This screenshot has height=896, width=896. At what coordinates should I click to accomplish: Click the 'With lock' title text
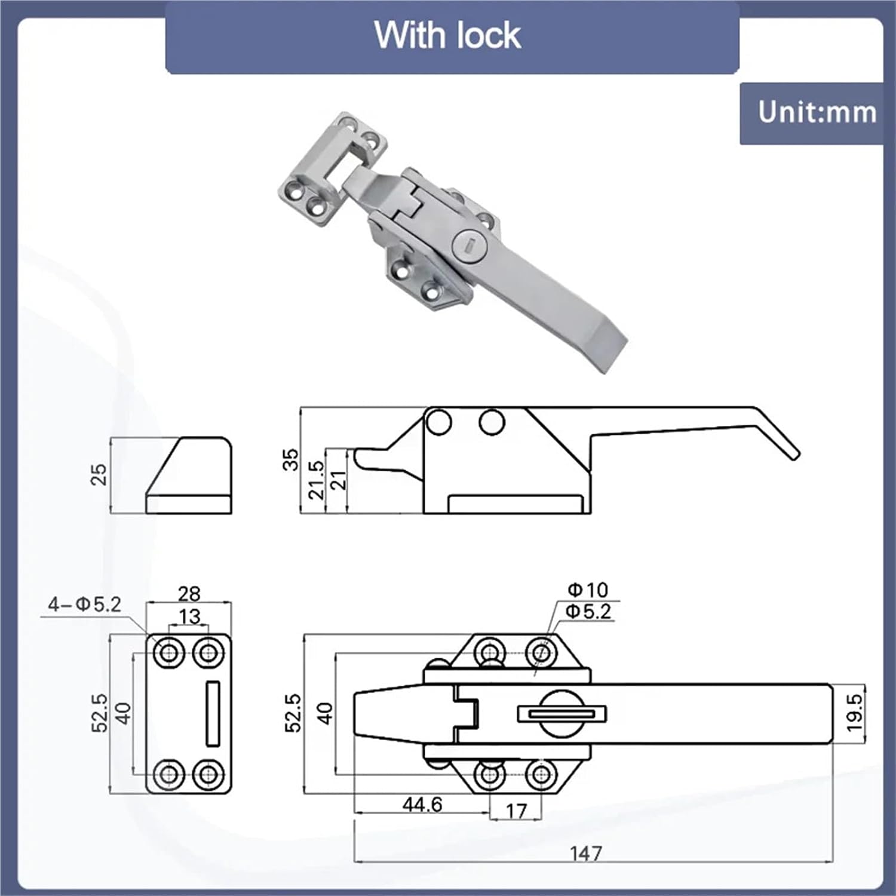(x=447, y=35)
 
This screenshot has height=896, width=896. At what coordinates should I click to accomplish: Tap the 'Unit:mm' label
(x=817, y=112)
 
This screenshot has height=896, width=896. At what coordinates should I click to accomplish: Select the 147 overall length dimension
(x=586, y=852)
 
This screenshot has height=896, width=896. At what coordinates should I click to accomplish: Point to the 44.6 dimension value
(x=422, y=804)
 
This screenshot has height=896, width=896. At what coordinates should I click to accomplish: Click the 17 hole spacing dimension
(x=516, y=811)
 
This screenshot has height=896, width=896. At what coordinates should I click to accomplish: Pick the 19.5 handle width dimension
(x=854, y=712)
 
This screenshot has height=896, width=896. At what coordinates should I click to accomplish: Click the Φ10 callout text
(x=588, y=590)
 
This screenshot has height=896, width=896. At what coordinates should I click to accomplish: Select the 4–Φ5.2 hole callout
(x=84, y=605)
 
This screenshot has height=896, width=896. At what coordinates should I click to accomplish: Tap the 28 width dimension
(x=189, y=593)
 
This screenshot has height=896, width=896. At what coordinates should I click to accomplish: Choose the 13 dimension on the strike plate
(x=189, y=616)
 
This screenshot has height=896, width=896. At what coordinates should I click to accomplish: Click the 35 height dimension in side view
(x=290, y=460)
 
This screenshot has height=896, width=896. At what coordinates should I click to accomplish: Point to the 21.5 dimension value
(x=316, y=480)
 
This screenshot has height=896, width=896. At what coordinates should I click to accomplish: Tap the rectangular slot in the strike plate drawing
(x=213, y=713)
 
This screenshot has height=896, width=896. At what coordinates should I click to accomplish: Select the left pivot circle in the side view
(x=439, y=422)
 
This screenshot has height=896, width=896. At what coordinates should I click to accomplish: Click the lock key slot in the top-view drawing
(x=561, y=713)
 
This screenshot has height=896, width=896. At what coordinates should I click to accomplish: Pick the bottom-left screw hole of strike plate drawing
(x=168, y=775)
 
